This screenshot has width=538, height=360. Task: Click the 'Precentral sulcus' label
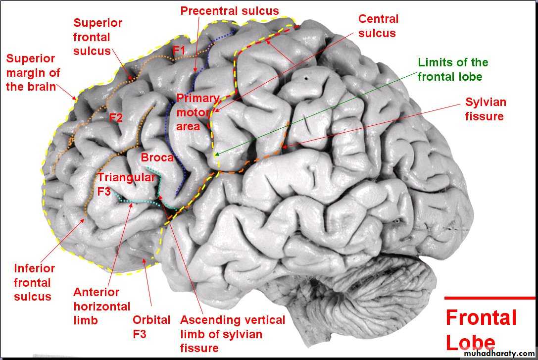coord(230,11)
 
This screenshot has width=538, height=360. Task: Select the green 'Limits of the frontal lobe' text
coord(453,69)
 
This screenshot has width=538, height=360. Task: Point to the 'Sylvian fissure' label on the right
coord(485,109)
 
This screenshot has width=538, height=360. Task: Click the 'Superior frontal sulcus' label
coord(98,37)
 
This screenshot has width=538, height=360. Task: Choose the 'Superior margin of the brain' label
coord(33,72)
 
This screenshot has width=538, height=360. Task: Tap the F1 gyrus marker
coord(178,51)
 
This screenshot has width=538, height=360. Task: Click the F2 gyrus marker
coord(116,118)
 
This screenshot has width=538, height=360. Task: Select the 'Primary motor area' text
coord(197,112)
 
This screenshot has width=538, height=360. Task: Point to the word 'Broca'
coord(157,158)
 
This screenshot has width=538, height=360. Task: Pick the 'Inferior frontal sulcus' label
coord(34,283)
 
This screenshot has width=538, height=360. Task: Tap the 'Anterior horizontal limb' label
coord(101,306)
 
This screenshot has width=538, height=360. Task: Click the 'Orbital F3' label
coord(151,327)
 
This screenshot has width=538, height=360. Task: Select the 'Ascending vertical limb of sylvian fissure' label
coord(232,334)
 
